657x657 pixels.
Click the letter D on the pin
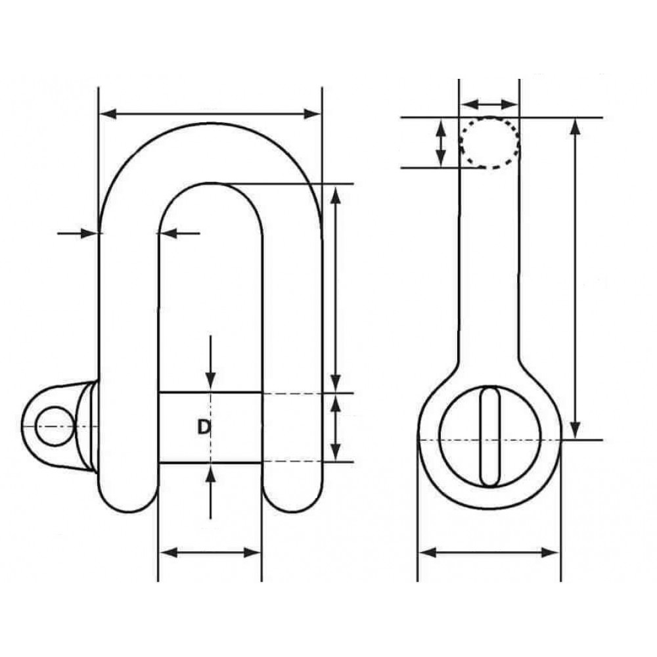(204, 427)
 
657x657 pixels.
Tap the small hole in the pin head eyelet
(55, 426)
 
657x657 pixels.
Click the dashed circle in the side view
(490, 143)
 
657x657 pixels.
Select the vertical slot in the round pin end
(490, 437)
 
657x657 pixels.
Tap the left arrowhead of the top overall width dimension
(108, 113)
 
